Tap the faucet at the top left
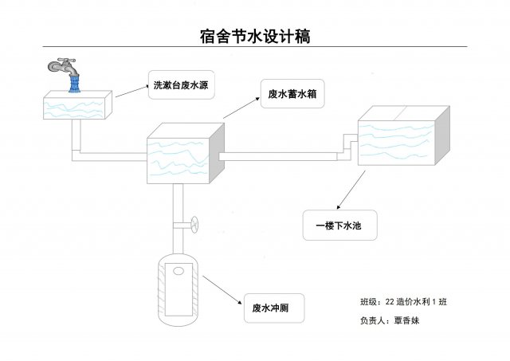pos(65,66)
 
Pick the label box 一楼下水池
pos(339,226)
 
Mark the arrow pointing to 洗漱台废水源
pos(131,90)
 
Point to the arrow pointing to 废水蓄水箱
pos(241,108)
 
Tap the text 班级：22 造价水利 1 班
pos(404,302)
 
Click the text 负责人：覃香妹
pos(390,320)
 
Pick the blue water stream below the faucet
pos(75,81)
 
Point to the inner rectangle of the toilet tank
pos(180,291)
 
